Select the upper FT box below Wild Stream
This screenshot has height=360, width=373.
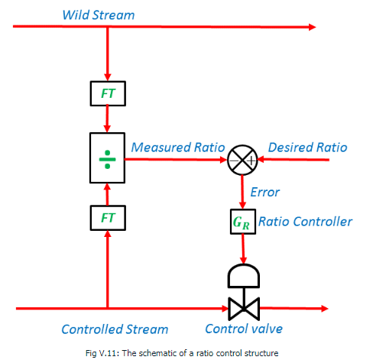[107, 93]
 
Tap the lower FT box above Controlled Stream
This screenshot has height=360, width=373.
[107, 218]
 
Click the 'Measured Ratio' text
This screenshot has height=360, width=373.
[177, 147]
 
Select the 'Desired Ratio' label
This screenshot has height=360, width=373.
[307, 147]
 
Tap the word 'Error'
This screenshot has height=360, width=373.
[264, 192]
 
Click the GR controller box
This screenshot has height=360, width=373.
[242, 222]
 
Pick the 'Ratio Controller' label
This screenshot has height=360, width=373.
[306, 222]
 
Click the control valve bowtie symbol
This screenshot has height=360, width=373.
[242, 309]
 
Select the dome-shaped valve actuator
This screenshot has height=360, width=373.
[242, 274]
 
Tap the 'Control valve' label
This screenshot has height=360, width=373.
[244, 329]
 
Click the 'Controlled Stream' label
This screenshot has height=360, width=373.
[115, 329]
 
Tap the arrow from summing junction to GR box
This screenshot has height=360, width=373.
[242, 191]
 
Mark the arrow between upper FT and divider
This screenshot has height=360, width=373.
[107, 119]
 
